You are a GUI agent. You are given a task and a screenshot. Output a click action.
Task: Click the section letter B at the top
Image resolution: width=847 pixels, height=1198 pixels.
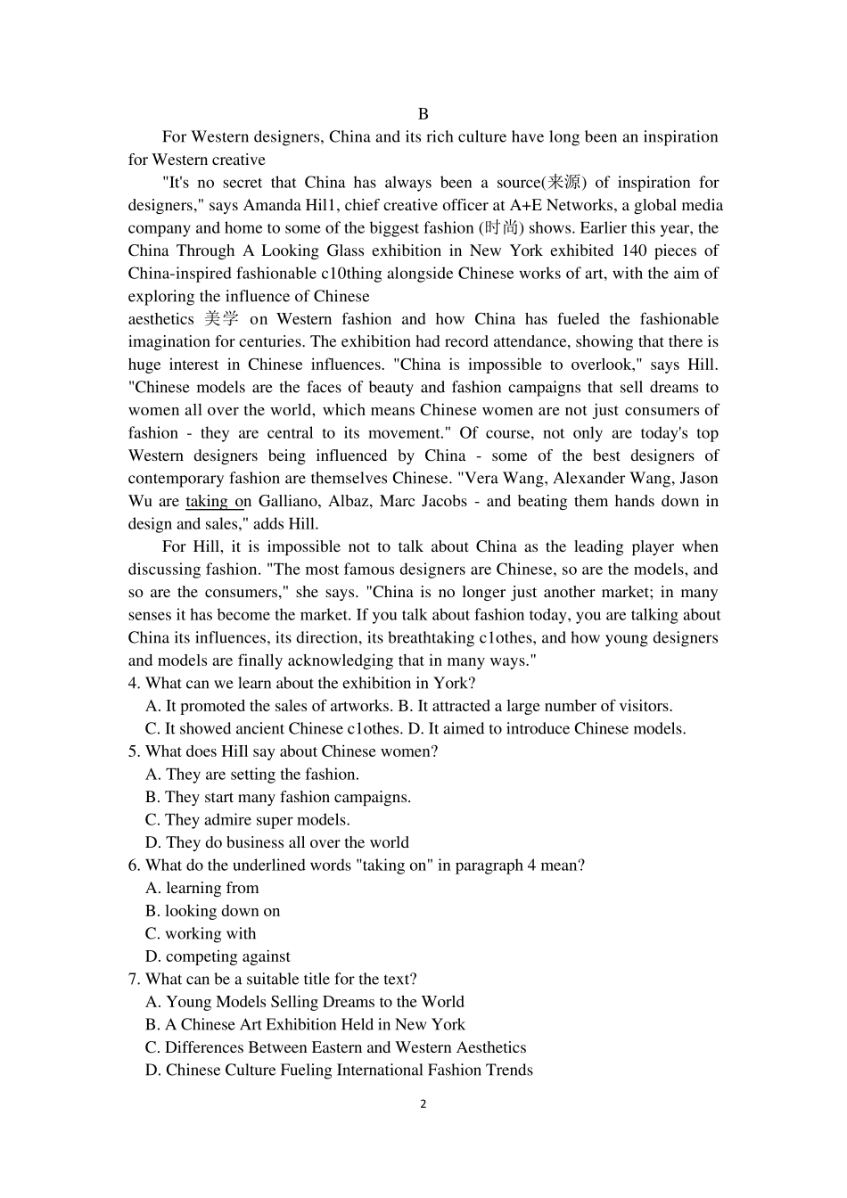coord(423,114)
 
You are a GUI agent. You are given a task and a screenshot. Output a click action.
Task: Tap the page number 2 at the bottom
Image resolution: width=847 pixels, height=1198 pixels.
coord(423,1104)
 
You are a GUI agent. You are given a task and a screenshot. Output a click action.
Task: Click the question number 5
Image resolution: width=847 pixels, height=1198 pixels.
coord(133,751)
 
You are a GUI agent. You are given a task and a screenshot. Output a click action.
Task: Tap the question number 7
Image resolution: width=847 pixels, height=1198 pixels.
coord(133,979)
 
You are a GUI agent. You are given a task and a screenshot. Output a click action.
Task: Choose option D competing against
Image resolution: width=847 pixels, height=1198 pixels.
coord(218,956)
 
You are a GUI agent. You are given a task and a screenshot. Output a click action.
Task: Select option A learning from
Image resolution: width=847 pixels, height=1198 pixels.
coord(201,888)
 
